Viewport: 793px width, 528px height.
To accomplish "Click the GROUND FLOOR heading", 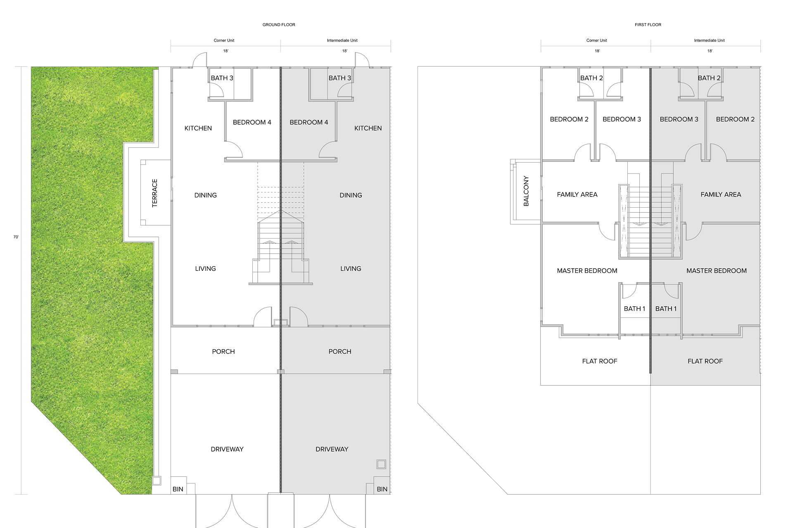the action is (x=279, y=25).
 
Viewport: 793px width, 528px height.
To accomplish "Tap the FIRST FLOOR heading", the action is (x=648, y=25).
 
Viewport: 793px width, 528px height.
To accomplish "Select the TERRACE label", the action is (x=154, y=193).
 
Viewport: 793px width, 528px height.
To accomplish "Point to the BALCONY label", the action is (x=526, y=191).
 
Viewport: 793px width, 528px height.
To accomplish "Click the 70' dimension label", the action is (x=16, y=237).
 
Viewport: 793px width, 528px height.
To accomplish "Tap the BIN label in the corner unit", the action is (x=178, y=489).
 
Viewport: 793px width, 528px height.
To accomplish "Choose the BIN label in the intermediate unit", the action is (x=382, y=489).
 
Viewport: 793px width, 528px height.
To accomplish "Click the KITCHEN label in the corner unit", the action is (x=198, y=128).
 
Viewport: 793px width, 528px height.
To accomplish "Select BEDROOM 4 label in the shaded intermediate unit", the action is (x=309, y=123).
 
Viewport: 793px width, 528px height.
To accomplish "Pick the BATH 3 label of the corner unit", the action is (x=222, y=78).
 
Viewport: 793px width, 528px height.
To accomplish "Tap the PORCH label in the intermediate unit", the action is (x=340, y=352).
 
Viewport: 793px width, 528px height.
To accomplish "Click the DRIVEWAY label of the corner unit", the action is (x=227, y=449).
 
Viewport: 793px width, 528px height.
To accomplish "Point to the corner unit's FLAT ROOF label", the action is (x=600, y=361).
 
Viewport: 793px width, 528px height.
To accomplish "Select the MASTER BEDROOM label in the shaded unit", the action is (x=717, y=271).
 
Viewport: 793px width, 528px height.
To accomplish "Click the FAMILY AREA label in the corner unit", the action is (x=577, y=194).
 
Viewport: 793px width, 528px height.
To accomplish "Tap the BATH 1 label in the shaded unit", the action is (x=666, y=309).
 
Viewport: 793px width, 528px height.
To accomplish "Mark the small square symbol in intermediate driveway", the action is (x=381, y=464).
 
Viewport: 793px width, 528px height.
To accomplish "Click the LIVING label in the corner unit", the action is (x=206, y=269).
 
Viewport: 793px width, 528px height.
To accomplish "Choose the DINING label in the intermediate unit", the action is (x=351, y=195).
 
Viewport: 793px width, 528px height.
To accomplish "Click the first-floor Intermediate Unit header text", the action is (x=709, y=40).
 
